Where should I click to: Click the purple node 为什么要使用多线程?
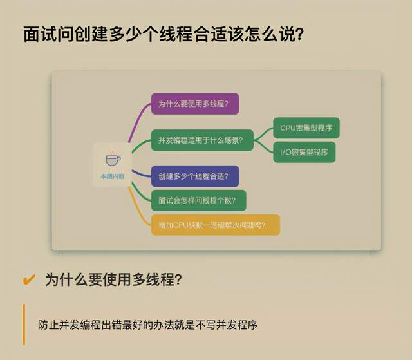pyautogui.click(x=195, y=104)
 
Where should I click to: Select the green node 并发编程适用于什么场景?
pyautogui.click(x=201, y=140)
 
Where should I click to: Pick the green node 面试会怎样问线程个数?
pyautogui.click(x=198, y=200)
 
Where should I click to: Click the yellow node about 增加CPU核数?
pyautogui.click(x=216, y=225)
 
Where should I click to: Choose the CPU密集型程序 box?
pyautogui.click(x=306, y=128)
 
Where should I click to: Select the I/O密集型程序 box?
pyautogui.click(x=304, y=152)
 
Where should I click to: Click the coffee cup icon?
pyautogui.click(x=113, y=159)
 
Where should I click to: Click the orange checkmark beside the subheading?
pyautogui.click(x=29, y=279)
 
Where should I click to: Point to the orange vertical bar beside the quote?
pyautogui.click(x=24, y=325)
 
